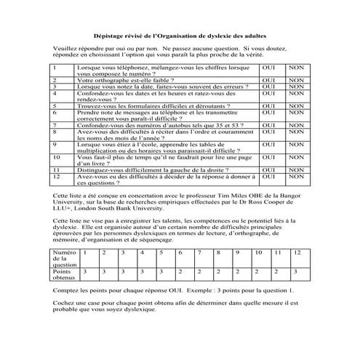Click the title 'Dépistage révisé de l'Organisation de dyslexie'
180,35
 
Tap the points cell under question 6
181,271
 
